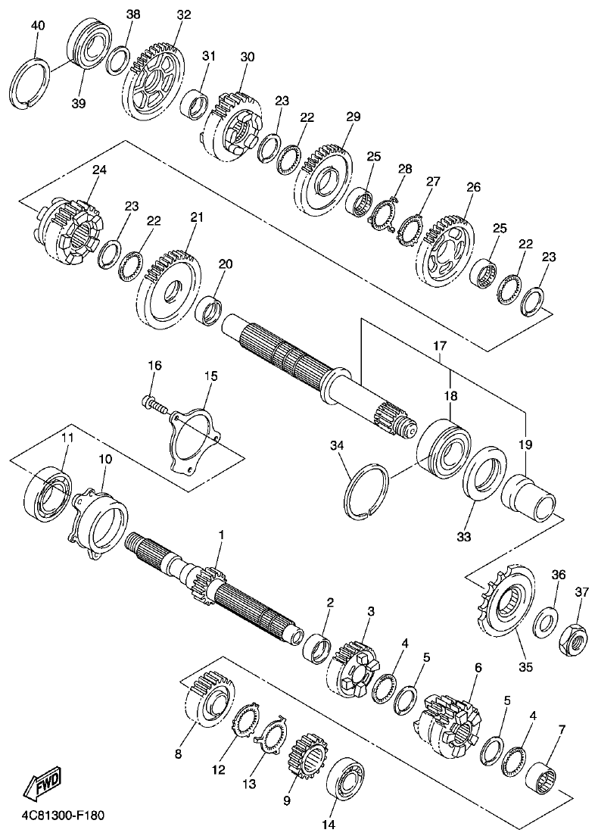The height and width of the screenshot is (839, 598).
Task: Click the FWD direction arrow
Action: click(x=42, y=784)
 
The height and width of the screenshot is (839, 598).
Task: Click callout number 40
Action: click(x=37, y=26)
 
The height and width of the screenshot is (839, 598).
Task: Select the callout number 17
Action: click(x=439, y=345)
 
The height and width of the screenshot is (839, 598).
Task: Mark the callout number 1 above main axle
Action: click(x=221, y=535)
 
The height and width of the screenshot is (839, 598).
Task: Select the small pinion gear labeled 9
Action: click(x=304, y=754)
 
